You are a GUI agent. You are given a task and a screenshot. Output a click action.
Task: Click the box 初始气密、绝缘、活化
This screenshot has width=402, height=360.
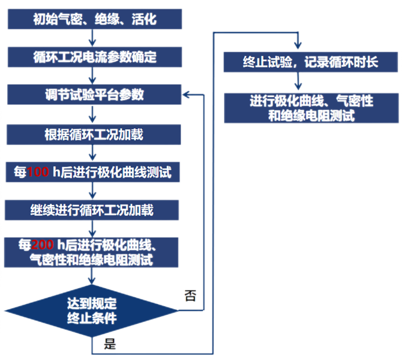tap(94, 19)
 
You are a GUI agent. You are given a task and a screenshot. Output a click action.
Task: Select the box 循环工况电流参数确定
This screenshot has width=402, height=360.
tap(94, 57)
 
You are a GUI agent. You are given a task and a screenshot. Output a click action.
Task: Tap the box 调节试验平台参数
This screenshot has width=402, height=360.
tap(94, 95)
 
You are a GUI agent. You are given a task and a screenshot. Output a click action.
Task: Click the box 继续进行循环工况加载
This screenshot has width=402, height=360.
tap(94, 210)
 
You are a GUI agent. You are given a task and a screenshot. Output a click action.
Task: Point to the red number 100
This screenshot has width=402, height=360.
tap(39, 172)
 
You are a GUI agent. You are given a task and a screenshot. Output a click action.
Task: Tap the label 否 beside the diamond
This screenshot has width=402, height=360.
tap(190, 296)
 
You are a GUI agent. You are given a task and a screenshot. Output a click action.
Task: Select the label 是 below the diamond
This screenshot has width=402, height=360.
tap(110, 343)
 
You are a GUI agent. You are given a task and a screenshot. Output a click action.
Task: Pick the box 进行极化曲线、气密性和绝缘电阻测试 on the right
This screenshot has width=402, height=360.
tap(311, 108)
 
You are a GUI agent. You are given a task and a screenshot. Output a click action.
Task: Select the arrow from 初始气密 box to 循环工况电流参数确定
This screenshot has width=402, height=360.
tap(94, 38)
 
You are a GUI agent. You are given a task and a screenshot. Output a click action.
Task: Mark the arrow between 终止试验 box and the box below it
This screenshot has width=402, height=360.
tap(297, 82)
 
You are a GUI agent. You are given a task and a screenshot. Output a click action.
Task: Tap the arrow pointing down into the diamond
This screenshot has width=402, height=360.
tap(94, 277)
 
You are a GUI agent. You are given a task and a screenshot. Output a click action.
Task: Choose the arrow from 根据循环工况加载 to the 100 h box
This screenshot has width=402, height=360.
tap(94, 153)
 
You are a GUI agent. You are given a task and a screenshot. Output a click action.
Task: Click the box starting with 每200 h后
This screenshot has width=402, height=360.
tap(94, 252)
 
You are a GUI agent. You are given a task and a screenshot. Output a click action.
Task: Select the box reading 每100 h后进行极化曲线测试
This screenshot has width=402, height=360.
tap(94, 172)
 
